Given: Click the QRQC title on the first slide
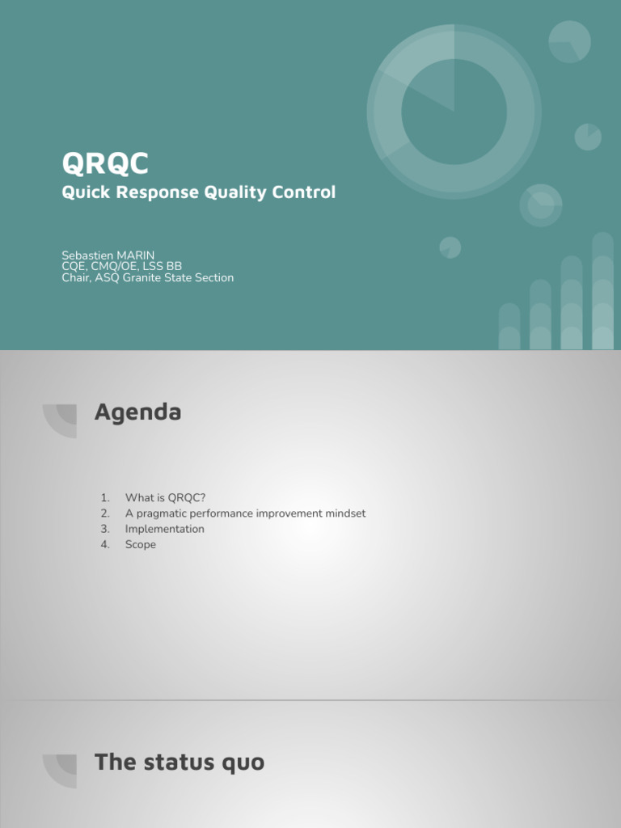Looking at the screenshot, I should click(105, 163).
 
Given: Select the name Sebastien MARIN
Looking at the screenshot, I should click(108, 256).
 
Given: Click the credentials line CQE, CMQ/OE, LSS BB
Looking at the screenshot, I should click(121, 266).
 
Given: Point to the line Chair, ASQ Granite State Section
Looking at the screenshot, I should click(147, 277).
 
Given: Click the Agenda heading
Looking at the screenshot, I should click(137, 412).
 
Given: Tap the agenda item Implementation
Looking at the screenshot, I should click(164, 529).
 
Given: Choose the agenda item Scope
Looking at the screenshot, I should click(140, 544).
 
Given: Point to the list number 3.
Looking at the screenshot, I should click(104, 529).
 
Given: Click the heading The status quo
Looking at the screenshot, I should click(179, 762).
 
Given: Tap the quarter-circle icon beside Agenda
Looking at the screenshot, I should click(61, 420).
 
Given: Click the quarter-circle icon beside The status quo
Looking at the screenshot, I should click(61, 769).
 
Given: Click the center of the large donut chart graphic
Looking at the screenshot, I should click(454, 111).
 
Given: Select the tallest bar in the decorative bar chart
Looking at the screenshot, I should click(602, 291).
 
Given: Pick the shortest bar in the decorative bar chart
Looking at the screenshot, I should click(509, 327).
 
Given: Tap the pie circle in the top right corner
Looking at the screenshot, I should click(569, 41).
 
